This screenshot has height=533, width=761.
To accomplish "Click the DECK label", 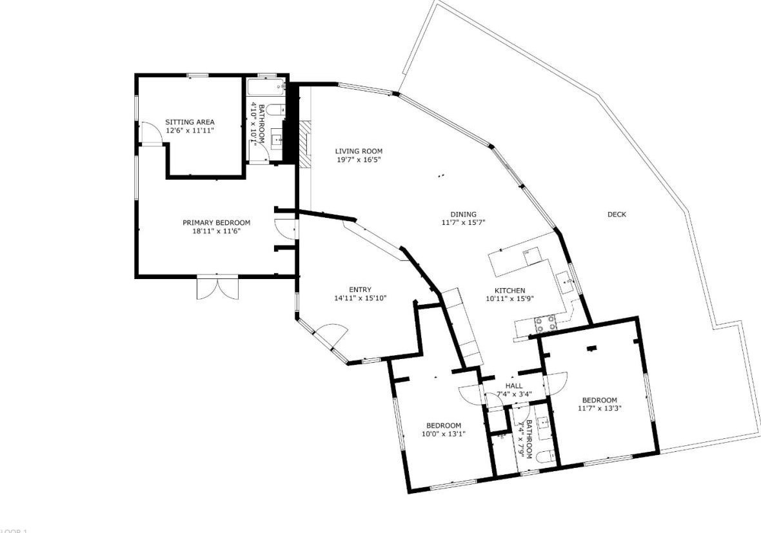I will pyautogui.click(x=617, y=215).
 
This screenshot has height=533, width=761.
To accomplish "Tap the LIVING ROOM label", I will pyautogui.click(x=359, y=151).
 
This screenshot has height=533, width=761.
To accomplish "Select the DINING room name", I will pyautogui.click(x=463, y=215).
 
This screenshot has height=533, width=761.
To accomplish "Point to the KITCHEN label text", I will pyautogui.click(x=509, y=291).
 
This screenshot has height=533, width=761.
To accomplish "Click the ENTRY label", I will pyautogui.click(x=360, y=290).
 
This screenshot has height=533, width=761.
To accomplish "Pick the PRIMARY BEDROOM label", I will pyautogui.click(x=216, y=223).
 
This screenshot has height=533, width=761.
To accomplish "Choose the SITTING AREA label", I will pyautogui.click(x=190, y=122).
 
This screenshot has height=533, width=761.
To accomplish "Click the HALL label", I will pyautogui.click(x=514, y=386).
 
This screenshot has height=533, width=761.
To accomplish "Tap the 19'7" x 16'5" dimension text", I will pyautogui.click(x=359, y=160).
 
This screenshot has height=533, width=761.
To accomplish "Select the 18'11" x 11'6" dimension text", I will pyautogui.click(x=216, y=231).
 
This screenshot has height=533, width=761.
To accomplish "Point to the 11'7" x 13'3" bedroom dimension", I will pyautogui.click(x=599, y=408).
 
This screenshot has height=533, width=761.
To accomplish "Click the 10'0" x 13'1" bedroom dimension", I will pyautogui.click(x=443, y=434).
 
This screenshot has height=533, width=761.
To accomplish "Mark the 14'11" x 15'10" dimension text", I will pyautogui.click(x=360, y=298).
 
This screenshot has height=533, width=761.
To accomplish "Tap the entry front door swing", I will pyautogui.click(x=334, y=334).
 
